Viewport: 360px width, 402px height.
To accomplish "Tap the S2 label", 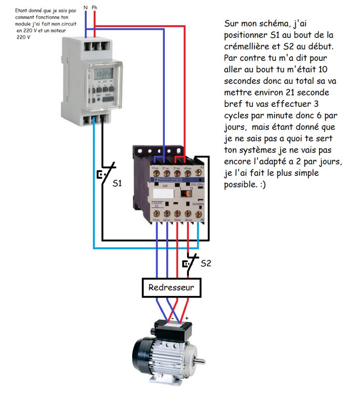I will point(206,263).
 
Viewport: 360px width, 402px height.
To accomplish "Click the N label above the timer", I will point(86,7).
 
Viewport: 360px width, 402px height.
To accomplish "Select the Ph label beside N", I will point(95,7).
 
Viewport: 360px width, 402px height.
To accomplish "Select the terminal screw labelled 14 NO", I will point(157,214).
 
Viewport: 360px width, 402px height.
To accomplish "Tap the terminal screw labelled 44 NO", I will point(188,214).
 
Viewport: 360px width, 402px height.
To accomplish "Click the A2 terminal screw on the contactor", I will point(199,214).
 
